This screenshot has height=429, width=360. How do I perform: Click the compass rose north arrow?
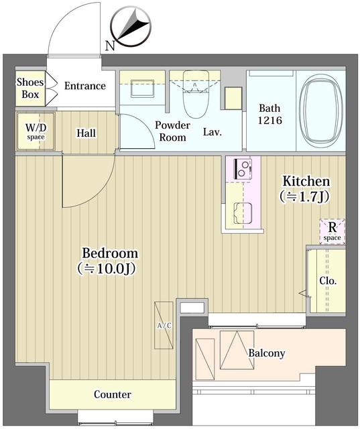tap(131, 27)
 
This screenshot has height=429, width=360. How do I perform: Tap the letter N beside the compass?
tap(110, 46)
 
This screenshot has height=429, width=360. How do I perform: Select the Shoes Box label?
tap(30, 88)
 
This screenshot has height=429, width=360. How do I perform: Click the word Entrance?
tap(85, 86)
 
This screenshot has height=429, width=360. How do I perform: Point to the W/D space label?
tap(36, 131)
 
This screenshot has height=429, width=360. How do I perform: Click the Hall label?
tap(86, 133)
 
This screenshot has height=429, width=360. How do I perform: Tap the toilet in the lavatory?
tap(196, 94)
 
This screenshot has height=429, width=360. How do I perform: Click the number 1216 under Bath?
tap(269, 121)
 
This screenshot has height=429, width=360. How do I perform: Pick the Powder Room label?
tap(172, 131)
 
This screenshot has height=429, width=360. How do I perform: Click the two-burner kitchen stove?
tap(243, 168)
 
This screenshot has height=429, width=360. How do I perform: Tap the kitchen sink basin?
tap(243, 213)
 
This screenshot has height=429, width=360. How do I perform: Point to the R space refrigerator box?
tap(333, 231)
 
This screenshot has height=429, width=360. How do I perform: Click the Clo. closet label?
tap(328, 281)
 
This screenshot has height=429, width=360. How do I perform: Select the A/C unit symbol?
tap(164, 325)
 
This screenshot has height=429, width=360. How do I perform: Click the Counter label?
tap(113, 394)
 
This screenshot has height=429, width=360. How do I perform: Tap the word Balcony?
tap(267, 353)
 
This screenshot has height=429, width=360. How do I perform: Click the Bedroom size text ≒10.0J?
tap(106, 269)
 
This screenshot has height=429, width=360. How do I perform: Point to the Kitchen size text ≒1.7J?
tap(304, 196)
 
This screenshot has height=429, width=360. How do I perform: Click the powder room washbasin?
tap(142, 88)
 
